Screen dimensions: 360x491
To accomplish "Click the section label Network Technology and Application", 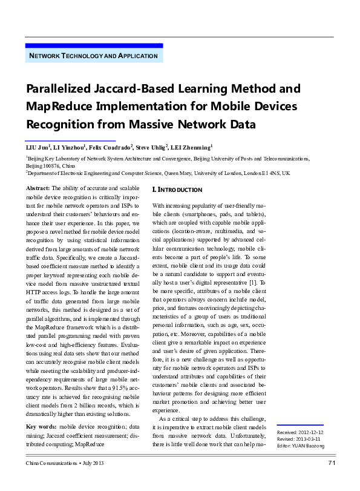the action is tap(94, 56).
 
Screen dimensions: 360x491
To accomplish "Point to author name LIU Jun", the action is tap(37, 148).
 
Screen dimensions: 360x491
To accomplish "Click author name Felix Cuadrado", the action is tap(111, 148).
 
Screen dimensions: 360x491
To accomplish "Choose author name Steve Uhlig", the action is tap(152, 148).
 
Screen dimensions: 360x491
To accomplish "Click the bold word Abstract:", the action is tap(39, 189).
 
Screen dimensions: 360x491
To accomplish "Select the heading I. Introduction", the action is tap(177, 190).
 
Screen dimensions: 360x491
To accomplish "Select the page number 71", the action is tap(331, 463).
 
